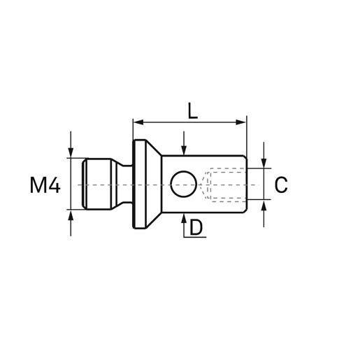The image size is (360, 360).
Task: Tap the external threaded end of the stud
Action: point(95,185)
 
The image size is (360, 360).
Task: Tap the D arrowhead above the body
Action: point(182,150)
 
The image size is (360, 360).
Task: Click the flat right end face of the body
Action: point(247,185)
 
